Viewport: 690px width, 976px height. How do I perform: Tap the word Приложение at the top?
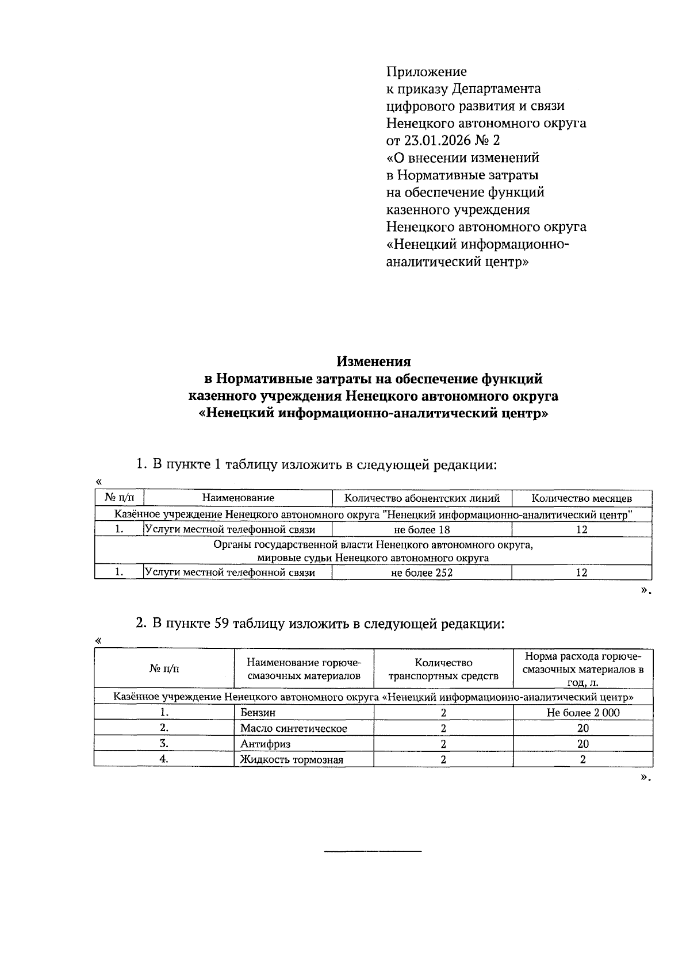click(426, 72)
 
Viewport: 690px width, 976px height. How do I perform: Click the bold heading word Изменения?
click(373, 362)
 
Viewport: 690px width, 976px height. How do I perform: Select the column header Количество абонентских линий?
click(421, 498)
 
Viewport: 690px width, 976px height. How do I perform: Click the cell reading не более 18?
click(421, 529)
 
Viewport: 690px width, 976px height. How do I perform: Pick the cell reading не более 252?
click(421, 572)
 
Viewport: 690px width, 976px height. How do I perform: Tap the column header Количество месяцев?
click(581, 498)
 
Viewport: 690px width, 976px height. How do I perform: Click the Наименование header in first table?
click(237, 498)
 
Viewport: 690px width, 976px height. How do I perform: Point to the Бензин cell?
click(258, 713)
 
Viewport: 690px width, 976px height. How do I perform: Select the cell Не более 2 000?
click(583, 713)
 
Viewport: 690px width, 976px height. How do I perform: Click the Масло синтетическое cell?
click(293, 728)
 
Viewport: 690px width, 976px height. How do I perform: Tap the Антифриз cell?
click(265, 744)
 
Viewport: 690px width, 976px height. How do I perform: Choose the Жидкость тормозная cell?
click(292, 760)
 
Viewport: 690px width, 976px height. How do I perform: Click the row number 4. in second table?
click(164, 759)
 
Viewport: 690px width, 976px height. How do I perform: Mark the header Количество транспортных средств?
click(443, 669)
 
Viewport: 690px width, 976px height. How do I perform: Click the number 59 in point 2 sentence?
click(222, 624)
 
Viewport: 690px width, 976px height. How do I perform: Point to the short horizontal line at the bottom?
click(373, 851)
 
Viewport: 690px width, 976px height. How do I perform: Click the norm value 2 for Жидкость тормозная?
click(583, 759)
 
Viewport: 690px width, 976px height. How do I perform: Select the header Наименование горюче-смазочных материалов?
click(304, 669)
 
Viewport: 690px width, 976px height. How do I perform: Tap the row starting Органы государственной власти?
click(373, 551)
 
